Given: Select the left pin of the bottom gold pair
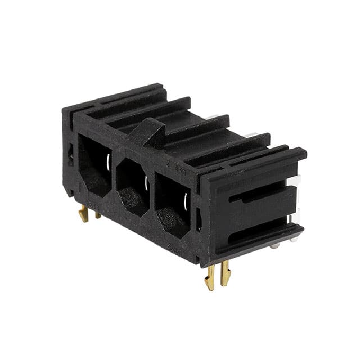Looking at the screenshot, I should [210, 277].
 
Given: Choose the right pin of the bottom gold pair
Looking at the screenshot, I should [226, 273].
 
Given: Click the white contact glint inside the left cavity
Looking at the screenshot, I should [106, 163].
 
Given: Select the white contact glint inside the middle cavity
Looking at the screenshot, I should [146, 182].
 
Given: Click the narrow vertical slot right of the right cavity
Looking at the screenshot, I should [199, 219].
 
